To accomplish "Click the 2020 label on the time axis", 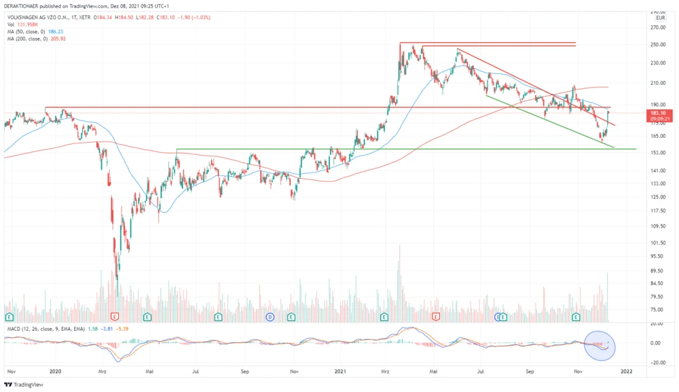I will click(x=56, y=372).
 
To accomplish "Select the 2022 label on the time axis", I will click(x=627, y=372).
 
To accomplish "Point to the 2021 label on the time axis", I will click(x=340, y=372).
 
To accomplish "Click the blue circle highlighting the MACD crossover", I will click(x=600, y=344).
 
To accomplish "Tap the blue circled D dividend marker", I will click(x=270, y=317).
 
